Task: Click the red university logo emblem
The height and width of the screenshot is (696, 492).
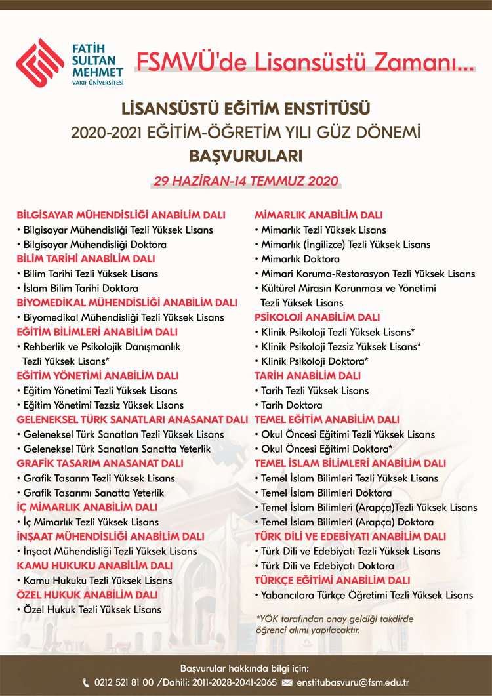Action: (40, 62)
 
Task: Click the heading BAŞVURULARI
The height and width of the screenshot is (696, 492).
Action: (245, 157)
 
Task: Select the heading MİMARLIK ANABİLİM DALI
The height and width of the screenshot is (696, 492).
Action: (318, 215)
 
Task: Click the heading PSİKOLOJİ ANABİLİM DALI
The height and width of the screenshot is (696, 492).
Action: (317, 317)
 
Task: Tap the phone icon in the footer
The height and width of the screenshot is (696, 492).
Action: (86, 683)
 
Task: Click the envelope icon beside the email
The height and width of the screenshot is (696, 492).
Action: (287, 683)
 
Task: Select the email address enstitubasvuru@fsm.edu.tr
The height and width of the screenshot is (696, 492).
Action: (353, 683)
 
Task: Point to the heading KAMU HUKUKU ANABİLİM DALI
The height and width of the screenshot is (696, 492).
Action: (94, 565)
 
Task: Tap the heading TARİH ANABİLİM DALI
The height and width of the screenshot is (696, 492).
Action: (307, 376)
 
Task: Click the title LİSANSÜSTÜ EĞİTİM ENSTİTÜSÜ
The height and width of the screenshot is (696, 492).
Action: (245, 107)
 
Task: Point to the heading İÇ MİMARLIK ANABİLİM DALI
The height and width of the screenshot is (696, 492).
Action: (87, 507)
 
